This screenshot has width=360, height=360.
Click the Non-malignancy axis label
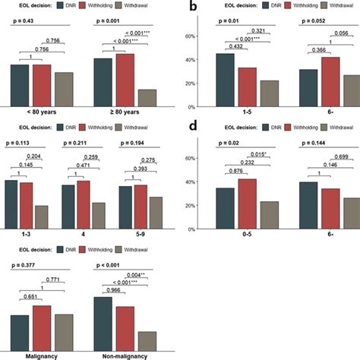125,355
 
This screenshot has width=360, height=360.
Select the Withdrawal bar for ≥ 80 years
147,98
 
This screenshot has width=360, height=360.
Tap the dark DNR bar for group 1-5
226,78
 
